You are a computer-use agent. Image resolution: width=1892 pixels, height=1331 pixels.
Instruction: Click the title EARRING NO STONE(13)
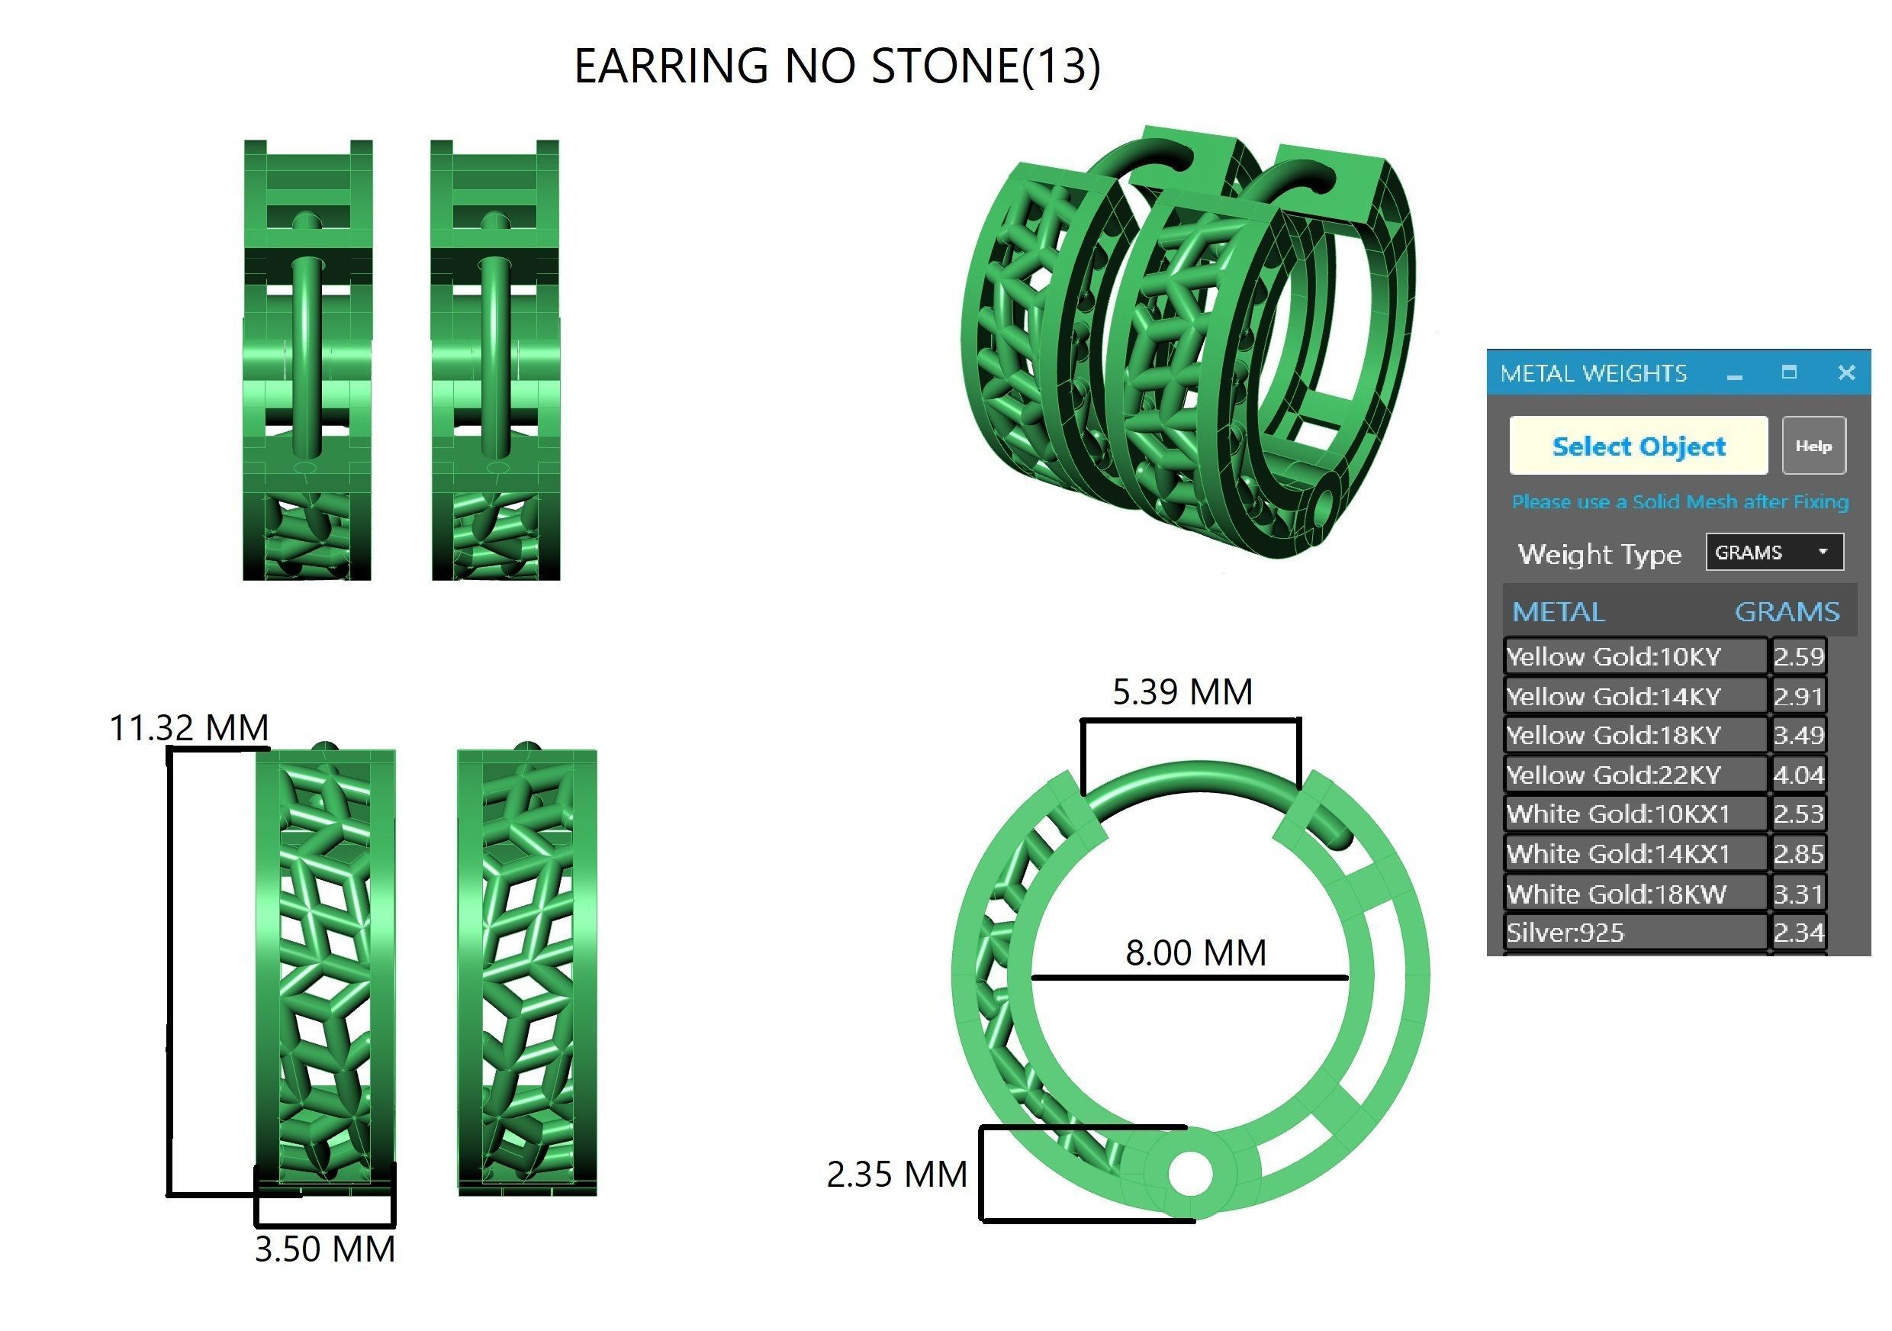[x=836, y=66]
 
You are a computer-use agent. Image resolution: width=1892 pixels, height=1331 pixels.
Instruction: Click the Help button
[x=1813, y=446]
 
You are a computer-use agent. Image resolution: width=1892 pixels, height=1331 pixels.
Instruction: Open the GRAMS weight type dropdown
[x=1773, y=553]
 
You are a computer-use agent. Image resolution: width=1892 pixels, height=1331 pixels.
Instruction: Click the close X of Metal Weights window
[x=1847, y=372]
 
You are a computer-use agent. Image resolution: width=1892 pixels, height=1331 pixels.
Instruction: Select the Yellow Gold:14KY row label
[x=1613, y=696]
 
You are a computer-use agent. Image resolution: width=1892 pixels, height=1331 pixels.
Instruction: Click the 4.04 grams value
[x=1798, y=775]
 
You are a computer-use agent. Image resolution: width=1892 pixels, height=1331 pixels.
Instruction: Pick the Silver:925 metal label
[x=1565, y=933]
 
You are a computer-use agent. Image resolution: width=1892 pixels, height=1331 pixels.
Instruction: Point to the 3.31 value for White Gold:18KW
[x=1798, y=894]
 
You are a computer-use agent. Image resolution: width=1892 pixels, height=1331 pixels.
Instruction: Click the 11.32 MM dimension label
[x=188, y=729]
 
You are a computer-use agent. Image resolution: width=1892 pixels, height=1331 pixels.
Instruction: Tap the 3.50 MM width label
[x=325, y=1249]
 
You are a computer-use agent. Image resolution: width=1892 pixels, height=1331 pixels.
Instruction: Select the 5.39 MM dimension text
[x=1182, y=692]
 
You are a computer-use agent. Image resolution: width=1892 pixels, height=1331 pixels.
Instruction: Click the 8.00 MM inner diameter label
[x=1195, y=952]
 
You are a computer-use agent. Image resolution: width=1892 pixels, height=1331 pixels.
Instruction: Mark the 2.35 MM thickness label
[x=896, y=1175]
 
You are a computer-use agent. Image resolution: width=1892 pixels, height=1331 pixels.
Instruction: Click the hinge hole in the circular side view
[x=1190, y=1174]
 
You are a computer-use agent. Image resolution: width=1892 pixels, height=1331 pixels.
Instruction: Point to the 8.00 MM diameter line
[x=1189, y=978]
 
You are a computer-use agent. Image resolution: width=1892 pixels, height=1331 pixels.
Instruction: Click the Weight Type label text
[x=1598, y=554]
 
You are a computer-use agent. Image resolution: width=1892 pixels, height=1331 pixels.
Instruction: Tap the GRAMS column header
[x=1786, y=611]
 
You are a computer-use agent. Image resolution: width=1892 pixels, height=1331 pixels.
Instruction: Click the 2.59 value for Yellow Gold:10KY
[x=1798, y=657]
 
